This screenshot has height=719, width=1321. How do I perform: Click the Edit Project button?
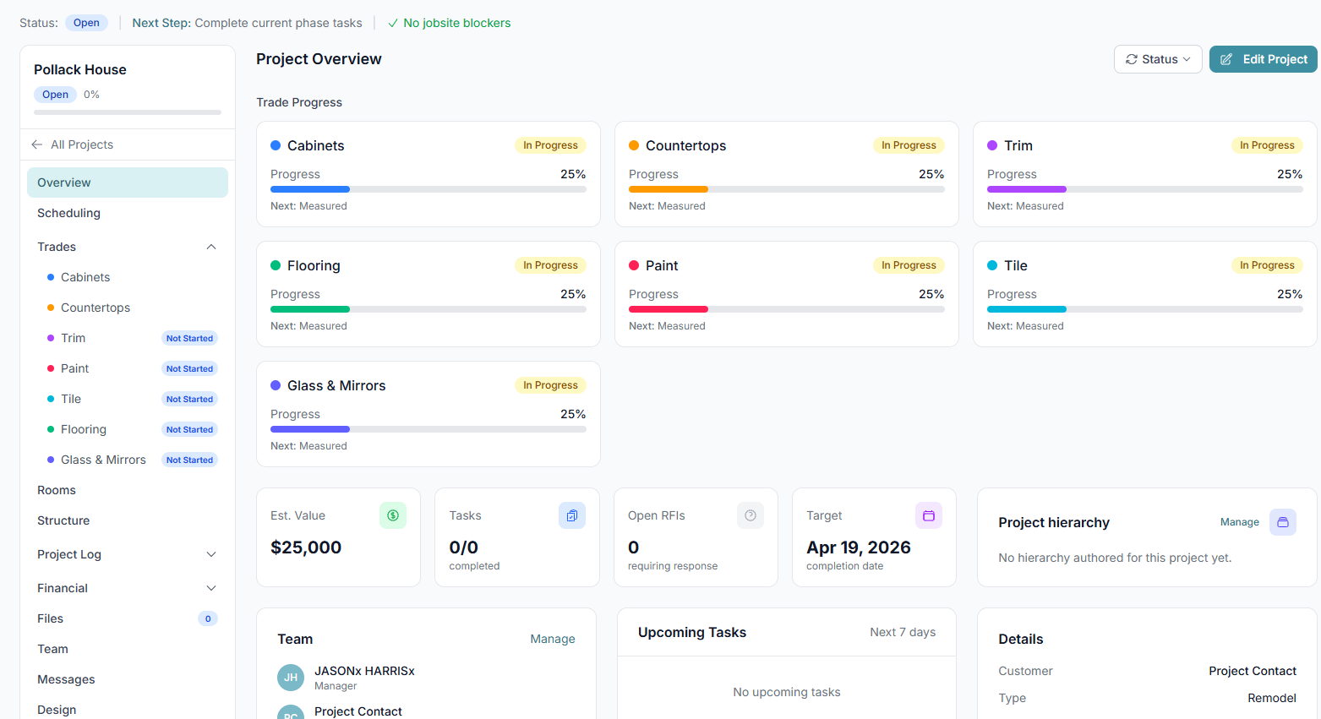coord(1264,59)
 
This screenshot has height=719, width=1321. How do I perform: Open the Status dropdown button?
coord(1158,59)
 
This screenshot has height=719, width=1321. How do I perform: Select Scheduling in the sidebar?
coord(68,213)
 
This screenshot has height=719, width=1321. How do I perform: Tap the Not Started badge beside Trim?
coord(189,338)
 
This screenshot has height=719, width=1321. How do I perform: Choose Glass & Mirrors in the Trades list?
coord(103,460)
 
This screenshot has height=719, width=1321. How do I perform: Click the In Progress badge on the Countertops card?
coord(909,145)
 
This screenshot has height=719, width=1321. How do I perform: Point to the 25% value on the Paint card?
coord(931,294)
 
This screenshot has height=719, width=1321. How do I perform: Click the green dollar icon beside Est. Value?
coord(393,515)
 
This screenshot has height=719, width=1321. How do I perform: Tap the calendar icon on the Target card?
coord(928,515)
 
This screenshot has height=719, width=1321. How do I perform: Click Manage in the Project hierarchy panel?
coord(1239,522)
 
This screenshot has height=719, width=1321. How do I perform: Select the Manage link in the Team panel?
coord(552,639)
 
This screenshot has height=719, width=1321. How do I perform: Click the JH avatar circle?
coord(291,677)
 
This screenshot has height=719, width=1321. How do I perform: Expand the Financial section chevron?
coord(211,588)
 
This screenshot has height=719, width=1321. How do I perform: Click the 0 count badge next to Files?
coord(208,618)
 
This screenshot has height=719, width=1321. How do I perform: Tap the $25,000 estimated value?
coord(306,547)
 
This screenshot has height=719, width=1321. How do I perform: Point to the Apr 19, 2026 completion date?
coord(858,547)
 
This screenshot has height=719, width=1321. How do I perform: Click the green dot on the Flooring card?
coord(276,265)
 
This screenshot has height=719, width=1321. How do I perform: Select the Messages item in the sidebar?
coord(66,679)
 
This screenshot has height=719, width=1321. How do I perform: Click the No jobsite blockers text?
coord(456,23)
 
